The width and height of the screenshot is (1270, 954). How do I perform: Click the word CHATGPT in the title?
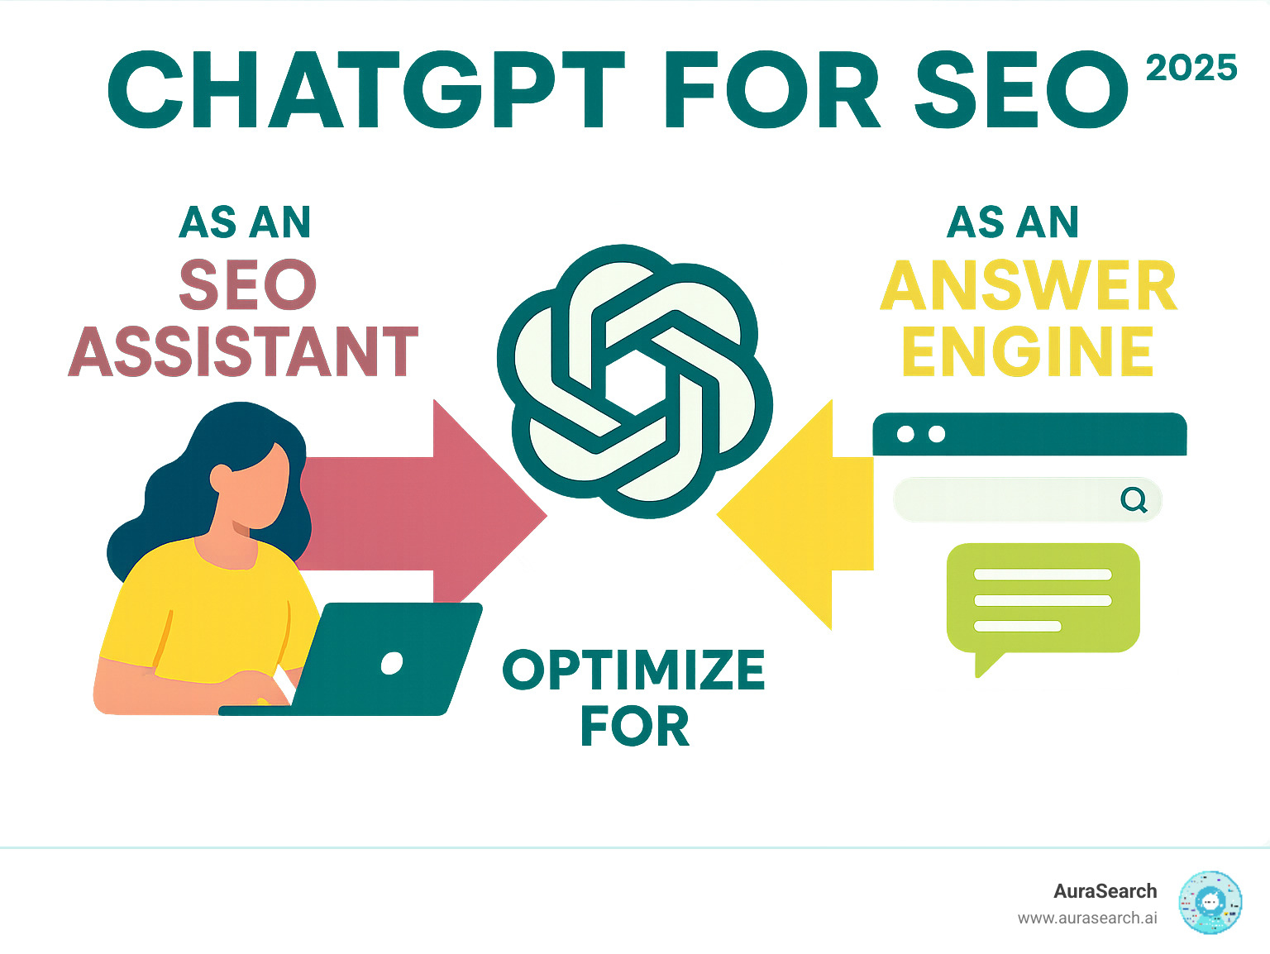coord(366,90)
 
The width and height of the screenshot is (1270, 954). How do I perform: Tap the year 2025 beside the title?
coord(1191,69)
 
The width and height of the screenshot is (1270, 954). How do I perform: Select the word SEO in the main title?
coord(1022,90)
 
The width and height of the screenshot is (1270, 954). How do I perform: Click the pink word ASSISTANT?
coord(243,352)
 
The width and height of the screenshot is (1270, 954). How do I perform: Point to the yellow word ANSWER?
coord(1029,286)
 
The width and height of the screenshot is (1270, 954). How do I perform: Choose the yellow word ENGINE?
coord(1028,352)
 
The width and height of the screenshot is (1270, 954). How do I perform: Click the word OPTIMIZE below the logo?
coord(633,670)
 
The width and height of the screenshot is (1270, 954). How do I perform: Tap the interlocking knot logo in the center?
coord(635,381)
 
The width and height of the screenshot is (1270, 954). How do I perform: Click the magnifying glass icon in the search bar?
coord(1134,499)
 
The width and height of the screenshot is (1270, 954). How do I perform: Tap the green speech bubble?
coord(1043,599)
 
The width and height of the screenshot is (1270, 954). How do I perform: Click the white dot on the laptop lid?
coord(391,663)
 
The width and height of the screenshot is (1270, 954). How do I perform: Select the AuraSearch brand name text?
coord(1105,891)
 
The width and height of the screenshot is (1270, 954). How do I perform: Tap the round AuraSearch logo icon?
coord(1210,903)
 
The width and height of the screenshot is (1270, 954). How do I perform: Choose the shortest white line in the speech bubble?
coord(1017,627)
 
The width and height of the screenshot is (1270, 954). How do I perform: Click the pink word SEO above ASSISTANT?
coord(248,286)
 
